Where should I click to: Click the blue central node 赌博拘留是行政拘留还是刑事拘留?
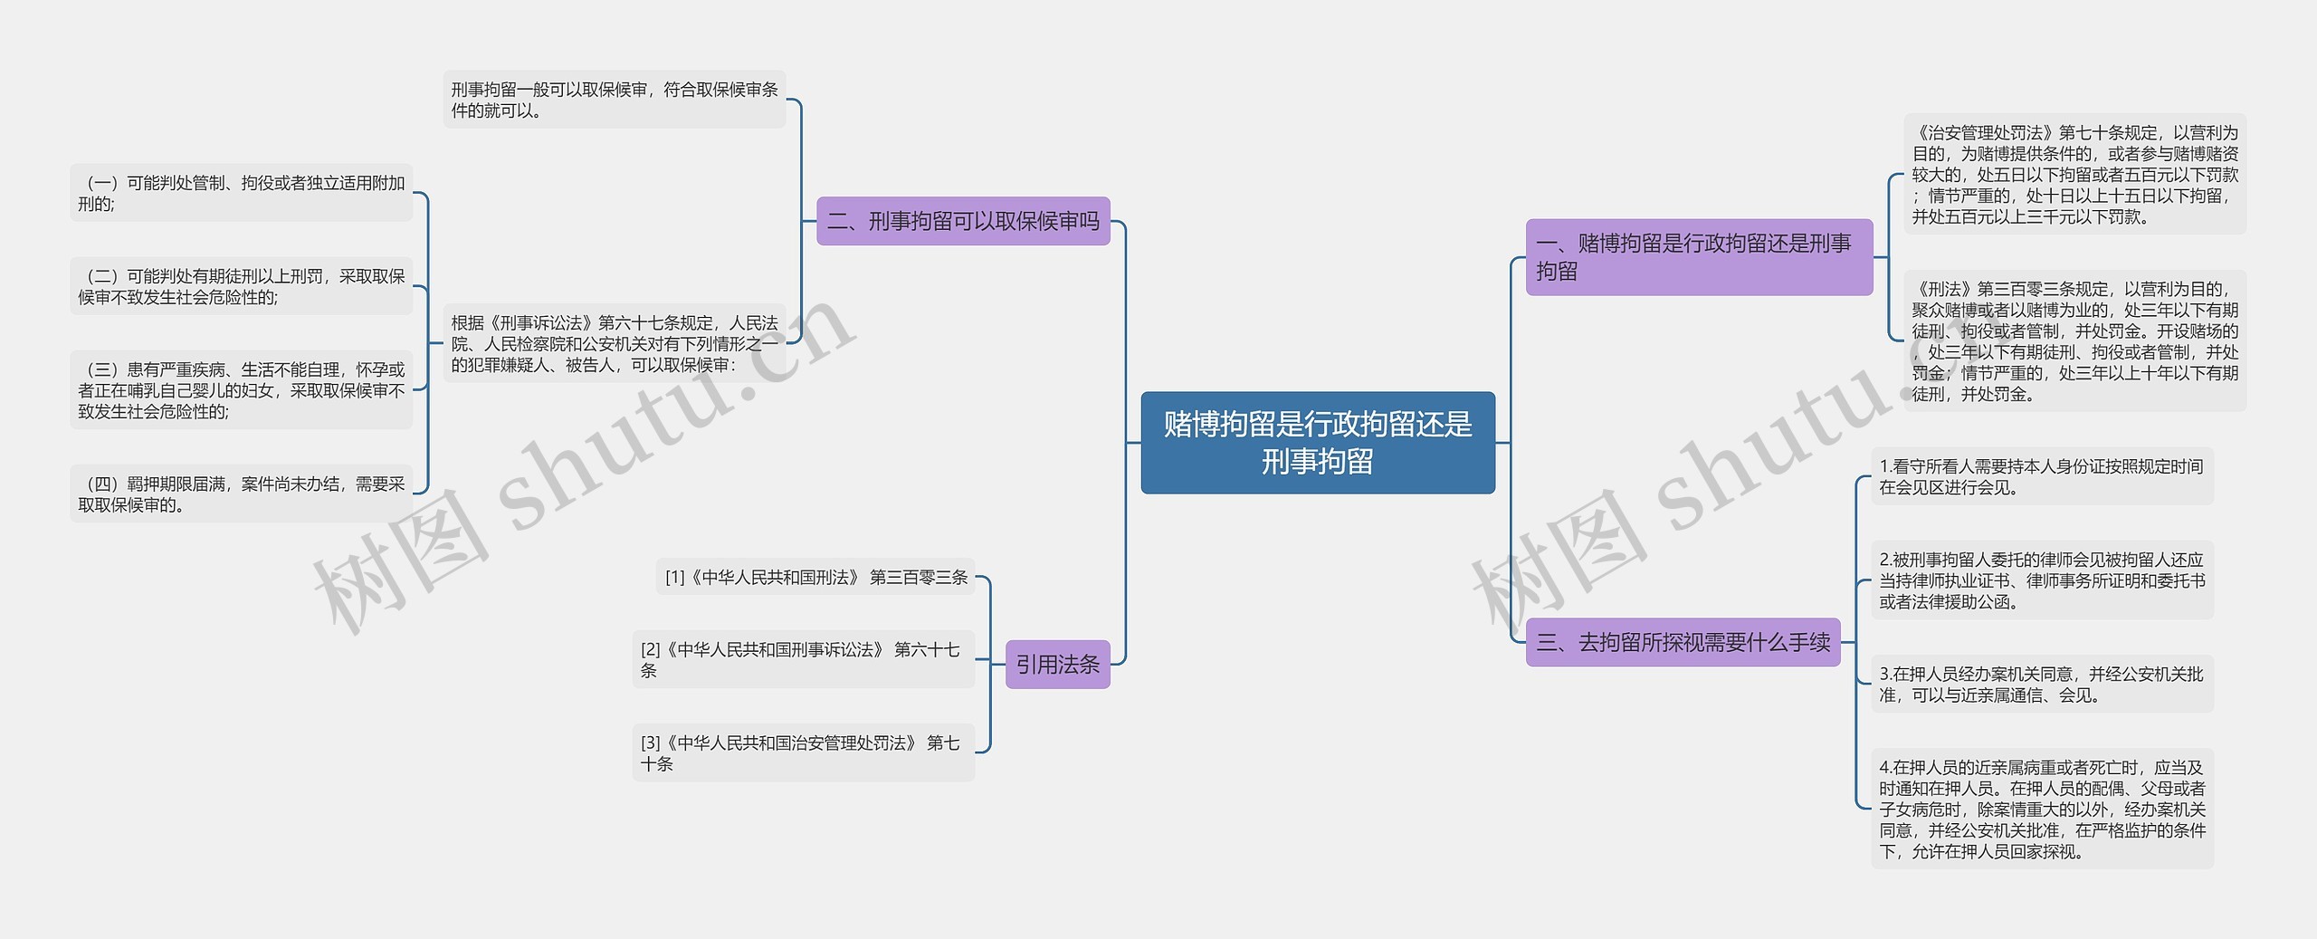point(1317,443)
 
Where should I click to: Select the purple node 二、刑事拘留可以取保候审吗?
point(963,221)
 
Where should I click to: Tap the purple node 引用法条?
point(1057,665)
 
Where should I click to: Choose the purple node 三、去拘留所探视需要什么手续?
point(1683,642)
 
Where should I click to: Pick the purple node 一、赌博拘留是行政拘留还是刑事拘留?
point(1698,257)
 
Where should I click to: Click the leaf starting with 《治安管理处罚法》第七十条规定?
point(2074,174)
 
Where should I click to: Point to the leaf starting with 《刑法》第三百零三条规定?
point(2074,341)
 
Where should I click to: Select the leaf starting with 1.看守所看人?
point(2041,476)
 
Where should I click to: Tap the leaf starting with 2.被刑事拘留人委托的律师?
point(2041,580)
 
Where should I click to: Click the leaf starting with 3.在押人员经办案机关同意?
point(2041,685)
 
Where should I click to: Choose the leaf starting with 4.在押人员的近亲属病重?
point(2041,809)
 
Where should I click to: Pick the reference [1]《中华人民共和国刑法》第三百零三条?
point(815,577)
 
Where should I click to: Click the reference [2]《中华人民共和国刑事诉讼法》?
point(803,659)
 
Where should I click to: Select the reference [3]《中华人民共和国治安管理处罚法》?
point(803,752)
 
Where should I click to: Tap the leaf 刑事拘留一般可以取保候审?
point(615,100)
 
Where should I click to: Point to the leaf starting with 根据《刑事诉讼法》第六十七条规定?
point(615,343)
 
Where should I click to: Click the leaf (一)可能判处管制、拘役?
point(241,193)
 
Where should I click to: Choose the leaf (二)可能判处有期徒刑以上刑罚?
point(241,286)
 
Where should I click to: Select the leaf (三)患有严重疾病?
point(241,390)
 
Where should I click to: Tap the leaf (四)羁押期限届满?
point(241,494)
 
